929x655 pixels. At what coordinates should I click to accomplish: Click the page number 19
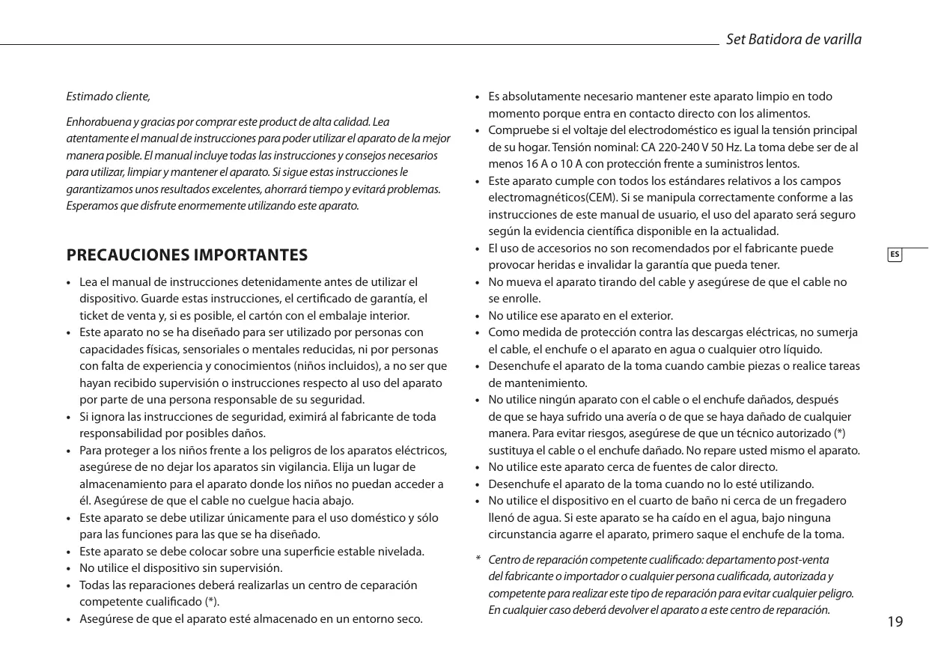pyautogui.click(x=895, y=622)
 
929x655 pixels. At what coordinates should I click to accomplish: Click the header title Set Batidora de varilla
pyautogui.click(x=794, y=39)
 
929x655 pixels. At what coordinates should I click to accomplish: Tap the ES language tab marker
pyautogui.click(x=895, y=255)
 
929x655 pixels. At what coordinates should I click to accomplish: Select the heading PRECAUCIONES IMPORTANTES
pyautogui.click(x=187, y=255)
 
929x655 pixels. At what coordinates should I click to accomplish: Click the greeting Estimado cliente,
pyautogui.click(x=109, y=97)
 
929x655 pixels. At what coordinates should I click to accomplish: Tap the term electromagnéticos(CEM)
pyautogui.click(x=553, y=198)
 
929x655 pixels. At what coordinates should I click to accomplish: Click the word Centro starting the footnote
pyautogui.click(x=504, y=561)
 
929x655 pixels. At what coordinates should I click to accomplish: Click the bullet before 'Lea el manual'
pyautogui.click(x=69, y=283)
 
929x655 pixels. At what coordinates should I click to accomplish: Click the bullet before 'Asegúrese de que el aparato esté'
pyautogui.click(x=69, y=620)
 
